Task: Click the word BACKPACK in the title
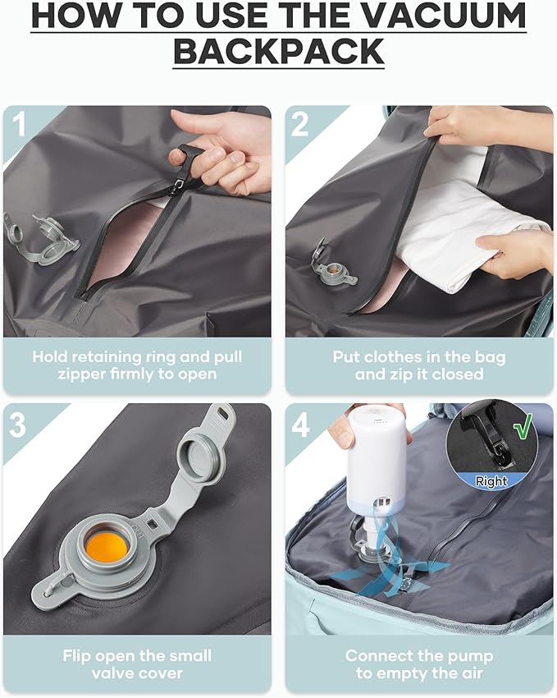click(x=278, y=51)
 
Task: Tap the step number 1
click(x=20, y=123)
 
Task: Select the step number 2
click(x=301, y=123)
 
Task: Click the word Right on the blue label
click(x=491, y=481)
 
